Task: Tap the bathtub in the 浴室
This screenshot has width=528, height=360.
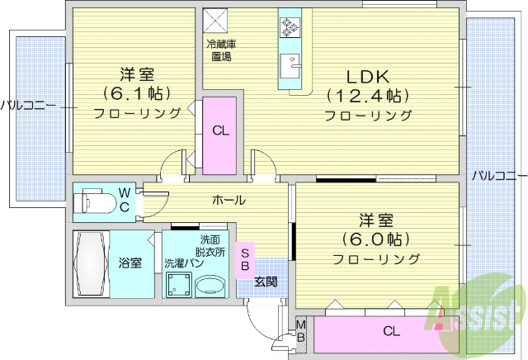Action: (x=91, y=263)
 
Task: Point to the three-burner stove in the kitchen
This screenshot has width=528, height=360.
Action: (x=290, y=26)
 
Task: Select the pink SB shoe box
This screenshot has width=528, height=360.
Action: (x=246, y=258)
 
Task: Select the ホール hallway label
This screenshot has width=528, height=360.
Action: (x=229, y=200)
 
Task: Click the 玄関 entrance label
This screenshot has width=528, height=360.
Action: (x=266, y=282)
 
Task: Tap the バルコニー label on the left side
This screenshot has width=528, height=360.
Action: (x=28, y=105)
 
